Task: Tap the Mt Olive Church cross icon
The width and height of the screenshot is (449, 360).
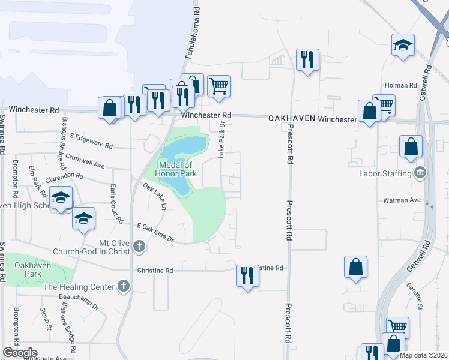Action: click(139, 245)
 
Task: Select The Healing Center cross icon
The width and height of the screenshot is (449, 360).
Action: click(124, 286)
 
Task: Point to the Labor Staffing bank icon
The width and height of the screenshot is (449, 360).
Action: click(420, 173)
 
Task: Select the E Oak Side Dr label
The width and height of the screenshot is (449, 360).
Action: click(155, 232)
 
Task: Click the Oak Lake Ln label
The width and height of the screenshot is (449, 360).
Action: click(154, 196)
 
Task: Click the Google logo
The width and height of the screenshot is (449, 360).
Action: click(20, 353)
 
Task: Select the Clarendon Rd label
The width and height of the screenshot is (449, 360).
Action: click(63, 178)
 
